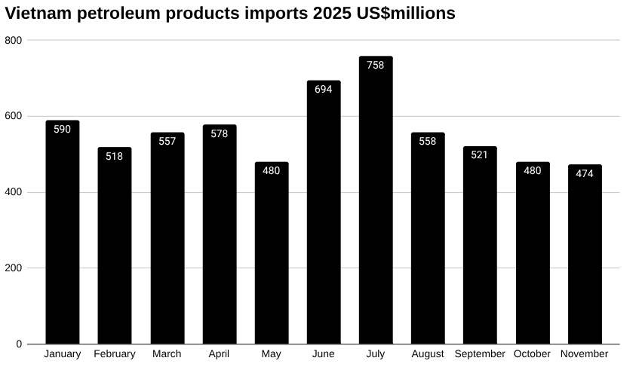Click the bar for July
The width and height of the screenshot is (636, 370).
(x=376, y=203)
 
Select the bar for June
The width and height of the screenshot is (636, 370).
(x=324, y=215)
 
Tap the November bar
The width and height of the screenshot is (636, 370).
(x=585, y=256)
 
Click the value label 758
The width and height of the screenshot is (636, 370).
(x=376, y=65)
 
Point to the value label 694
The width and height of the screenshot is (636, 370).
(x=324, y=90)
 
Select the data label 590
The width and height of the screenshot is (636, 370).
(x=63, y=130)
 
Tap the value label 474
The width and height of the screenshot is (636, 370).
(x=585, y=173)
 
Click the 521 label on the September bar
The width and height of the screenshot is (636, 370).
(x=480, y=155)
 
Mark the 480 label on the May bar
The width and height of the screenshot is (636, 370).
(x=272, y=171)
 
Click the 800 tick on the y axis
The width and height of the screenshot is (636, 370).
(x=13, y=40)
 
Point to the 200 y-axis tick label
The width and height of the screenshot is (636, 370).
(x=13, y=268)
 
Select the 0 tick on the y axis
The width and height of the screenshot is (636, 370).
(x=19, y=344)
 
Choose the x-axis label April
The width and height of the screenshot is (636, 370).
(x=219, y=354)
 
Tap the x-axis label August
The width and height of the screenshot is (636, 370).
(x=428, y=354)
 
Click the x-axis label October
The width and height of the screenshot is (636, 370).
(x=533, y=354)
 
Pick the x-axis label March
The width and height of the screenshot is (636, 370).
(x=167, y=354)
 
